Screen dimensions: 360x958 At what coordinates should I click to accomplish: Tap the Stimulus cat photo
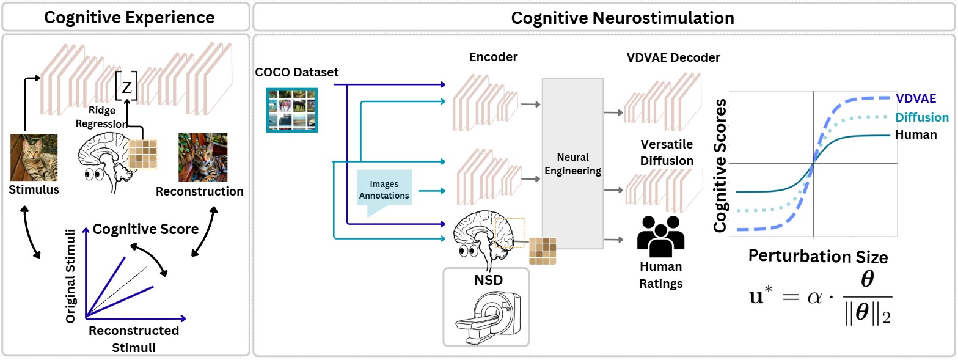click(x=34, y=157)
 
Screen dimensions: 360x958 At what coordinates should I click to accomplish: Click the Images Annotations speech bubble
click(x=384, y=191)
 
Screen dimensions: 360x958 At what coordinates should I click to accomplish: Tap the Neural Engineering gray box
click(x=572, y=163)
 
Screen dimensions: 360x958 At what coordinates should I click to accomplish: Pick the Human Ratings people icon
click(x=660, y=237)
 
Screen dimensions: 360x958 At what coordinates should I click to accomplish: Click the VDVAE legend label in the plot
click(x=916, y=98)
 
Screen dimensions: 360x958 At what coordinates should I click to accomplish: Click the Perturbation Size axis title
click(x=818, y=256)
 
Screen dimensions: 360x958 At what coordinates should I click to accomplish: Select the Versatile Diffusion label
click(x=667, y=153)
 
